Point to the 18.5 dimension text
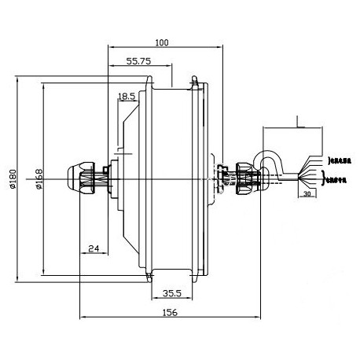click(x=127, y=97)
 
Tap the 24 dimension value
click(x=93, y=249)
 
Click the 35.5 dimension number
click(x=172, y=293)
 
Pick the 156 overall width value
click(x=170, y=312)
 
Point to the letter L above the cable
click(x=299, y=120)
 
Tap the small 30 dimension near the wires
click(x=307, y=193)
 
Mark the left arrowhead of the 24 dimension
click(x=83, y=255)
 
